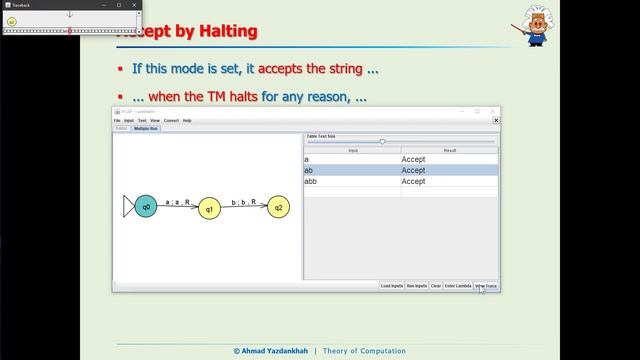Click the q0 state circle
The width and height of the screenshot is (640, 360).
(146, 207)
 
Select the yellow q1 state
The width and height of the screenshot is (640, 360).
(210, 209)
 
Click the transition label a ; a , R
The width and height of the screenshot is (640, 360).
(178, 201)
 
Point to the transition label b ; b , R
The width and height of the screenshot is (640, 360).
(244, 201)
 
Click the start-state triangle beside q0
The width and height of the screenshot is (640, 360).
(127, 207)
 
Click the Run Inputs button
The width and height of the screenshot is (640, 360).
(416, 286)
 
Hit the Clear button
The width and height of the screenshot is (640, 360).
(435, 286)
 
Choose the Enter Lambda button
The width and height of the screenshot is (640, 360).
(457, 286)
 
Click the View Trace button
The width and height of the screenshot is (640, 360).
(486, 286)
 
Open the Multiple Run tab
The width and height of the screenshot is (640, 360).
(147, 129)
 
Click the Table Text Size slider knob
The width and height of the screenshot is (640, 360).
(382, 142)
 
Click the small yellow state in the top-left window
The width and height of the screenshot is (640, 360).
(12, 20)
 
